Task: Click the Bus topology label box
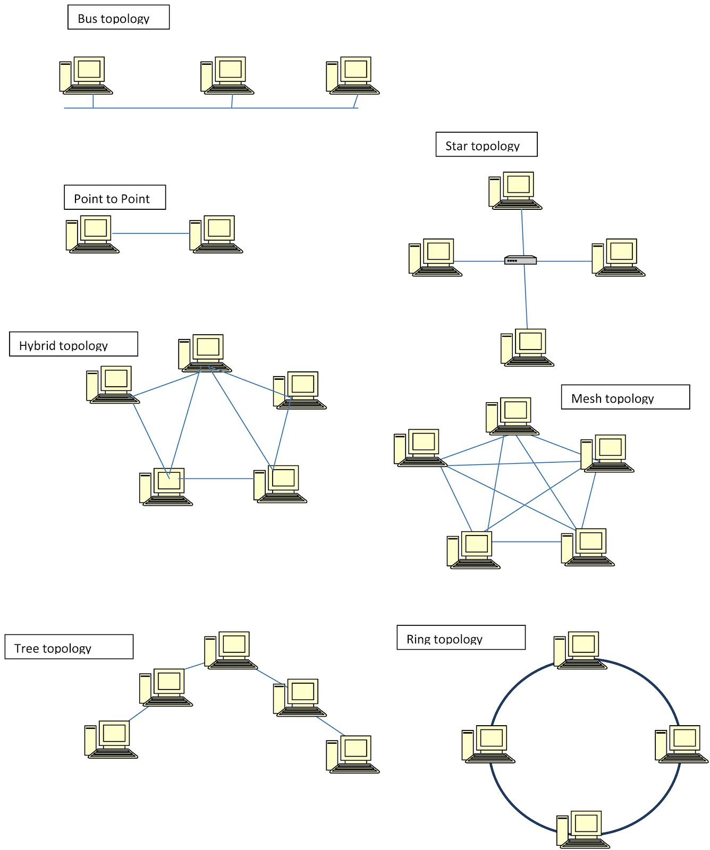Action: (x=118, y=18)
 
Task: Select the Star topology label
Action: (x=486, y=144)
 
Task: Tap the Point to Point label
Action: (x=115, y=198)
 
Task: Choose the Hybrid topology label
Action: (x=73, y=344)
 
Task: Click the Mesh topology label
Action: (x=625, y=397)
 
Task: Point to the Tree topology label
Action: (x=69, y=647)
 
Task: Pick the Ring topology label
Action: (x=461, y=637)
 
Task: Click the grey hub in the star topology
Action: (x=520, y=260)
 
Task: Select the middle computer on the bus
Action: (x=227, y=75)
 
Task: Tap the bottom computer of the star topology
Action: (x=527, y=347)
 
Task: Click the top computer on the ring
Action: (x=580, y=650)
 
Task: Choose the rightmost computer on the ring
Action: (x=681, y=744)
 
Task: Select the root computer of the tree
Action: (x=231, y=650)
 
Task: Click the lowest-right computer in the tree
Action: (x=353, y=754)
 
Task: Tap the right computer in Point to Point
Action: (x=216, y=234)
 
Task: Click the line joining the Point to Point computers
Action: (x=150, y=233)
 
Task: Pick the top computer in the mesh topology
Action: (x=512, y=416)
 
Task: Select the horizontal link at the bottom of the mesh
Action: (x=526, y=542)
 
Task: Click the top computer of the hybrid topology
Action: (x=205, y=353)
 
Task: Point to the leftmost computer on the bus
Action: (x=86, y=75)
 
